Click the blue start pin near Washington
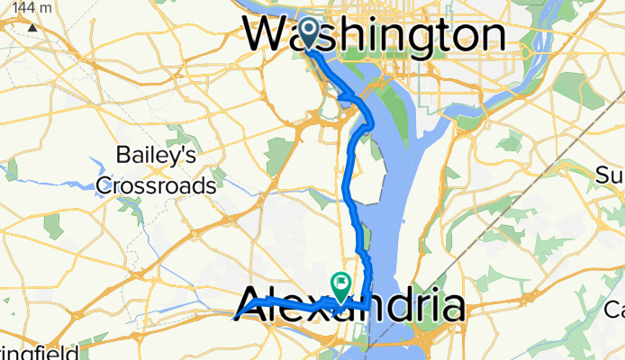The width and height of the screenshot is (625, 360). [308, 32]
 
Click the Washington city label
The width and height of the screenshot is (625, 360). [375, 35]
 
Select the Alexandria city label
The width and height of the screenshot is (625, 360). [354, 307]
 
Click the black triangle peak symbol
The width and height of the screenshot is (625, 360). [32, 27]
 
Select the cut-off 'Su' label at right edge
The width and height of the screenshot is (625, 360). [613, 174]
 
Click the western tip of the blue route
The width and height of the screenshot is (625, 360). [237, 317]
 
